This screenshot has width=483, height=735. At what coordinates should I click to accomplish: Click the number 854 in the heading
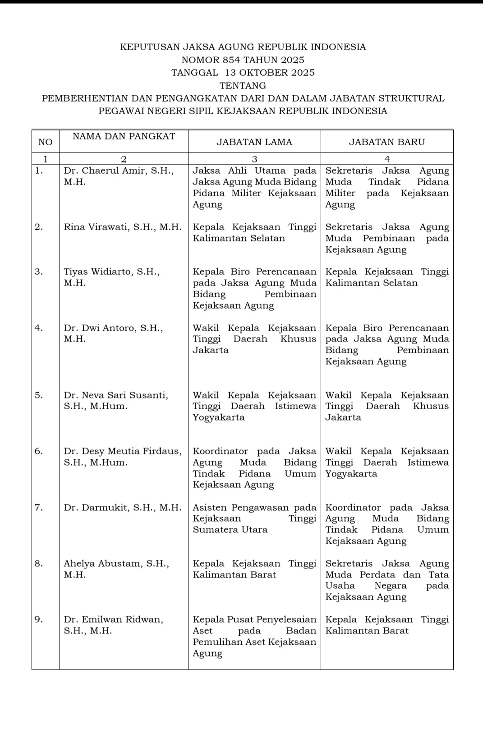pos(232,60)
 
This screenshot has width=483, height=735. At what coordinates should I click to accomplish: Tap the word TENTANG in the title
pos(243,85)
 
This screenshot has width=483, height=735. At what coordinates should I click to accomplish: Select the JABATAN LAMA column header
pos(254,142)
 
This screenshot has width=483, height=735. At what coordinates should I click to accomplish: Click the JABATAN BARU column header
pos(387,142)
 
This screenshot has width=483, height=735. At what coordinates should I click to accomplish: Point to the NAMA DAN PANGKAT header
pos(124,136)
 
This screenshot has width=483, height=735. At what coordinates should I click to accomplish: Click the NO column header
pos(45,142)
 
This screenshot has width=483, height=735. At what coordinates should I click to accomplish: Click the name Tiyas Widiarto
pos(97,272)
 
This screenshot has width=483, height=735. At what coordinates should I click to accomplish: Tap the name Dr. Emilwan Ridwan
pos(113,619)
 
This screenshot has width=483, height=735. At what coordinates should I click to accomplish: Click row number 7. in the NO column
pos(39,508)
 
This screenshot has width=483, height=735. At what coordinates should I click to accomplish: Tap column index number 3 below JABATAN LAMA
pos(254,159)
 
